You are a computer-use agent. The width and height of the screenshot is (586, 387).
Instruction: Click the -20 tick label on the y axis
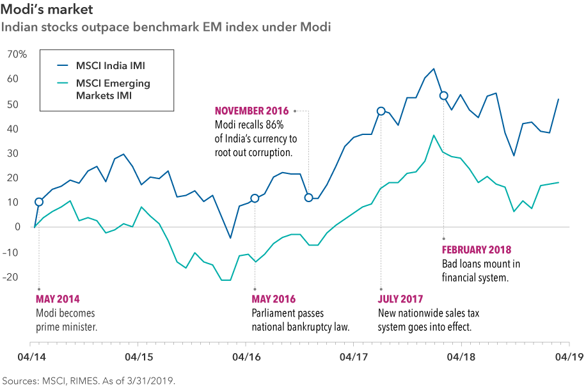17,277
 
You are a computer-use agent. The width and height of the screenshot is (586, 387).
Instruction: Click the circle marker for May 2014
39,202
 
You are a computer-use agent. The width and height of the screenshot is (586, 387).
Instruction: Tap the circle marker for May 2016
255,198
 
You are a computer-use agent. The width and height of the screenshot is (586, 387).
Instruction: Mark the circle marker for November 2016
309,198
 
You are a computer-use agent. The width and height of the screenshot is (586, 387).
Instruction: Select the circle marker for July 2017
381,111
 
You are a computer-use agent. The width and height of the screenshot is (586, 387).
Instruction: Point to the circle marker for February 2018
443,96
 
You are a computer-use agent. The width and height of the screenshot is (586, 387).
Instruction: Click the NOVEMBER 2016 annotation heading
251,111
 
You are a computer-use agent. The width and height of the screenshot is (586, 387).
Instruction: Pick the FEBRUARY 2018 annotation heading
477,250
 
